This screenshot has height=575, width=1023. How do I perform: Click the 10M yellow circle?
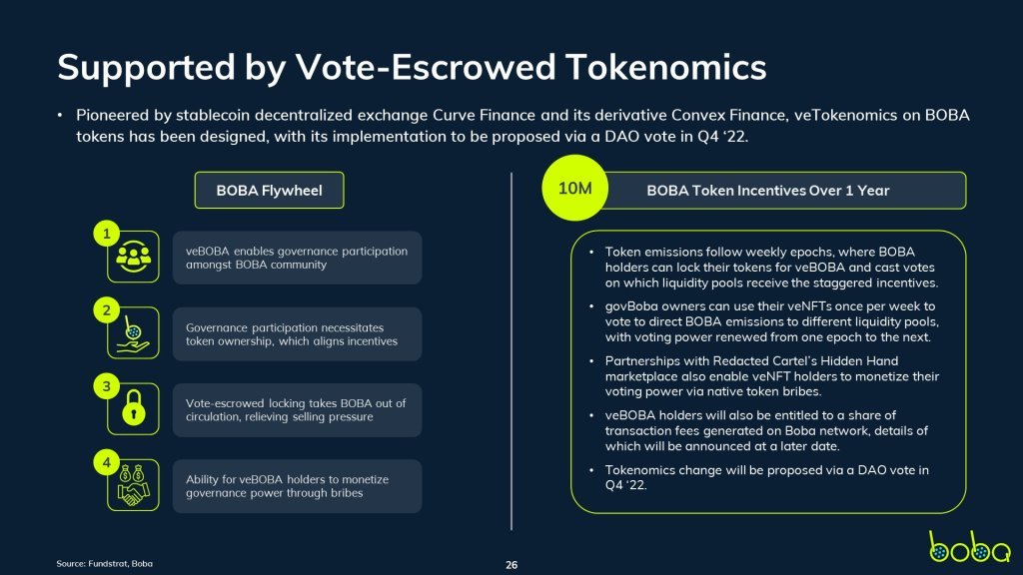[x=574, y=188]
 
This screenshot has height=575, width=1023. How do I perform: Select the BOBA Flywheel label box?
[x=269, y=191]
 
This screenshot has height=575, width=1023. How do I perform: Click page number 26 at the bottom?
[x=511, y=565]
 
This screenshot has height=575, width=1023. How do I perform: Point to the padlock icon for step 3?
[x=134, y=408]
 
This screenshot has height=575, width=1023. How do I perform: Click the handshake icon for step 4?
[x=133, y=486]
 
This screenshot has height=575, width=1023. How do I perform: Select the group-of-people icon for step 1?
[x=133, y=257]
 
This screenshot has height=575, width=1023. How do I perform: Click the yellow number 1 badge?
[x=106, y=234]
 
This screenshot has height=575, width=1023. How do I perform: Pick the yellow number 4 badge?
[x=106, y=463]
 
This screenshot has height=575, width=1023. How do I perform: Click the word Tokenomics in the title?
[x=666, y=67]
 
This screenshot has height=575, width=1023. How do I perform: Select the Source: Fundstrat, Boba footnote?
[x=104, y=563]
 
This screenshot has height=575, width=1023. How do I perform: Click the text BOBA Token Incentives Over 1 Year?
[x=768, y=191]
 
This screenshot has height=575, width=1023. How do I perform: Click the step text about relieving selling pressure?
[x=296, y=410]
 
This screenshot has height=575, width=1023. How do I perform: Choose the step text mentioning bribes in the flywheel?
[x=287, y=486]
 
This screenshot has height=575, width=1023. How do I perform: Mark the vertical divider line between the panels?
[x=511, y=351]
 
